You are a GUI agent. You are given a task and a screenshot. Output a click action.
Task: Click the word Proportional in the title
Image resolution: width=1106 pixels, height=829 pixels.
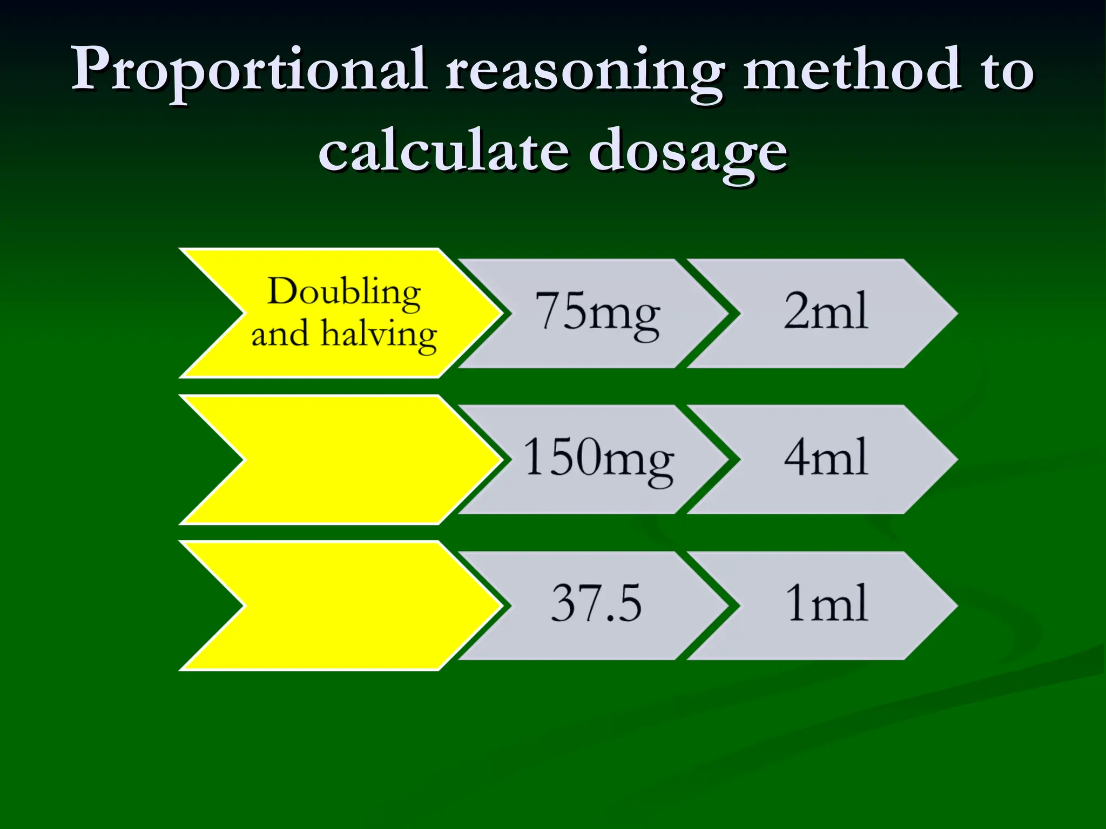(249, 70)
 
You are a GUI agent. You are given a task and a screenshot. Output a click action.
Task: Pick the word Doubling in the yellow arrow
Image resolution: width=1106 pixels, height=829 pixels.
(344, 293)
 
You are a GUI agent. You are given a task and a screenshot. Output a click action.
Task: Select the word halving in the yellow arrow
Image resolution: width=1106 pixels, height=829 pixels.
(379, 335)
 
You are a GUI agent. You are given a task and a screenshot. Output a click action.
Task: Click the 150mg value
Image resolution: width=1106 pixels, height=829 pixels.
(598, 459)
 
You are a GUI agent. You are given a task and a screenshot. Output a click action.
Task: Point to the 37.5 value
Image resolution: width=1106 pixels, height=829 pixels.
(596, 603)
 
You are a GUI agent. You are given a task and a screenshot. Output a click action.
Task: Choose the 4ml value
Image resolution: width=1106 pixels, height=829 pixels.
(826, 458)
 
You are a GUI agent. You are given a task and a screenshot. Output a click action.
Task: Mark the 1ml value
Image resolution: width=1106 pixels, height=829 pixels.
(826, 603)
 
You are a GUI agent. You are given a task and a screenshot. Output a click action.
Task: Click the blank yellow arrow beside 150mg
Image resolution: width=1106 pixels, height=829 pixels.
(346, 460)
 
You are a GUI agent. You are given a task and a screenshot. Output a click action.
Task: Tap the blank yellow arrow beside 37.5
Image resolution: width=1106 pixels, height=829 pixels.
(346, 606)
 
